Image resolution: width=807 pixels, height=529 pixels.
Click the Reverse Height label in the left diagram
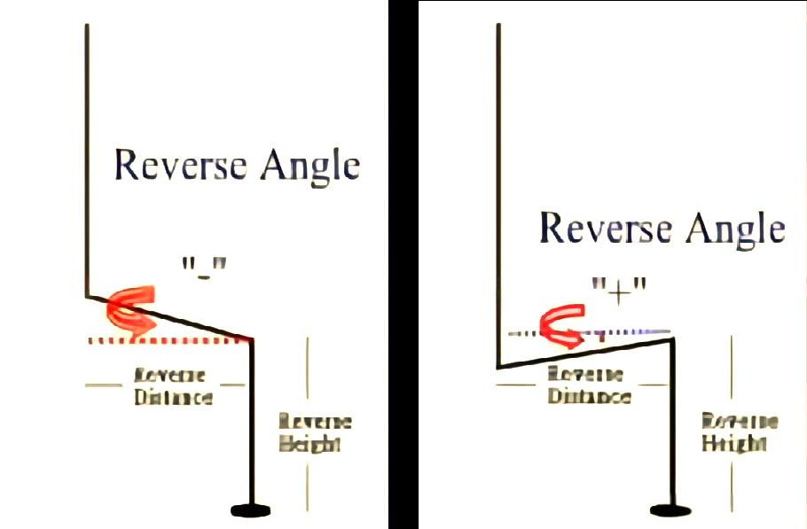tap(315, 432)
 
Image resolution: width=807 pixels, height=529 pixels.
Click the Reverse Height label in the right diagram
tap(740, 432)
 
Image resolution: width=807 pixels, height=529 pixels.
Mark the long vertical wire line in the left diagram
tap(87, 159)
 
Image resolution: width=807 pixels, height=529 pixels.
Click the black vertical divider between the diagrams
tap(403, 266)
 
